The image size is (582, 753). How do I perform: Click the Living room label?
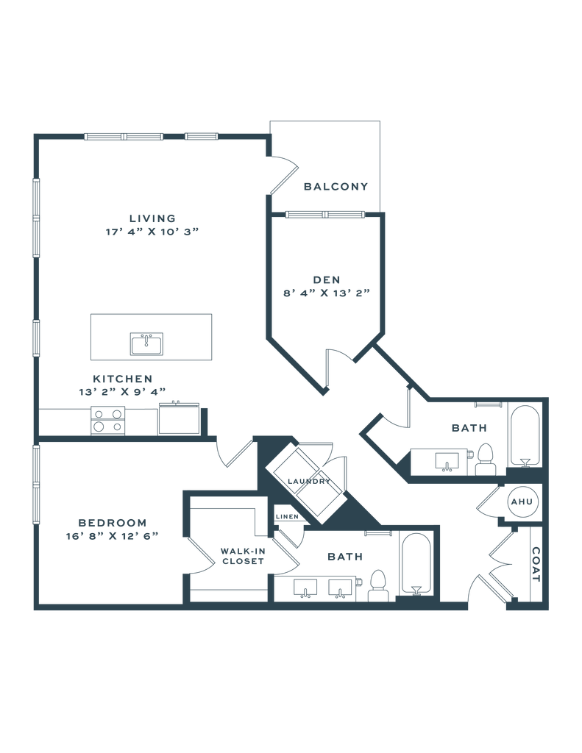[152, 218]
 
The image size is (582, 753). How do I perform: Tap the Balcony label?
[336, 186]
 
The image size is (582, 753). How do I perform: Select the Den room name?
[326, 279]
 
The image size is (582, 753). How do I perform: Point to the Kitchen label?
[122, 379]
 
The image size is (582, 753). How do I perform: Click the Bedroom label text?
[113, 522]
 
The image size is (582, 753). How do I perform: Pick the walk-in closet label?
[242, 555]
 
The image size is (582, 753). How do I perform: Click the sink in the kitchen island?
[146, 342]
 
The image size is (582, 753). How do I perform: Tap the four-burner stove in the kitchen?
[108, 421]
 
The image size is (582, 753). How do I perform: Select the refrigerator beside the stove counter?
[180, 419]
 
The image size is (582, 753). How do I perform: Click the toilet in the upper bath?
[486, 459]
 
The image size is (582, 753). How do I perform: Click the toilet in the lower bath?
[378, 585]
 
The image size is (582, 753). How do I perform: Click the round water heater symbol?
[521, 502]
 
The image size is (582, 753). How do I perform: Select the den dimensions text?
[326, 292]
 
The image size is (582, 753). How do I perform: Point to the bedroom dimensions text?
[113, 535]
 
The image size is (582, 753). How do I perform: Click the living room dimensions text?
[152, 231]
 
